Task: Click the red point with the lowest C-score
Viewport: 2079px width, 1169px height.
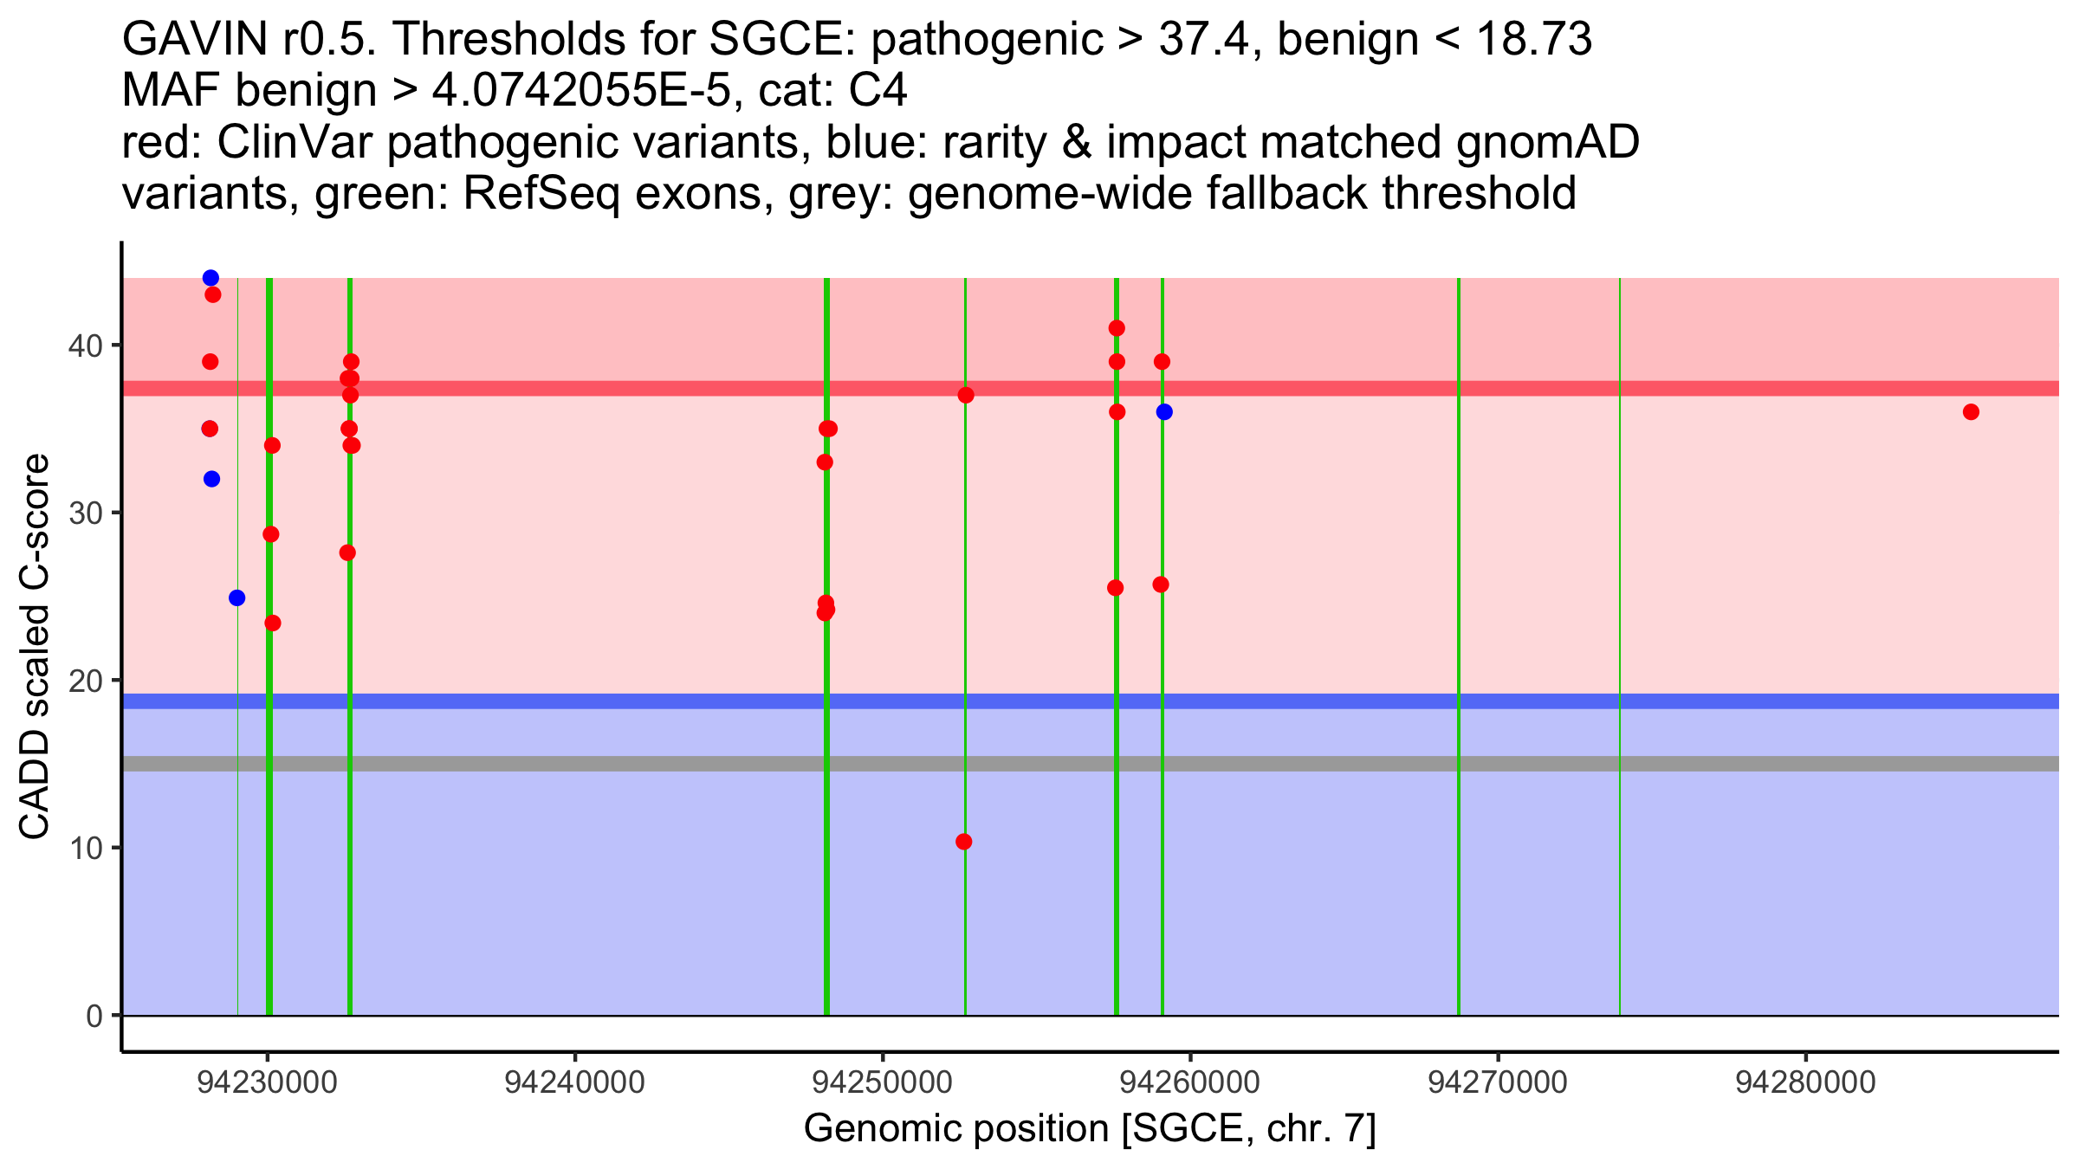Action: (963, 842)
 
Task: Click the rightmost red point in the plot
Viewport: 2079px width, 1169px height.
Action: (1971, 412)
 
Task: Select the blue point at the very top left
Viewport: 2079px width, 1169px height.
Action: (210, 278)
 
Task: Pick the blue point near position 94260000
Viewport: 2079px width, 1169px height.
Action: (1164, 412)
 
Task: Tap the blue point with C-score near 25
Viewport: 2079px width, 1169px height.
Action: (236, 598)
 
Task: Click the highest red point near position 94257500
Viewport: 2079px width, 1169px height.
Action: (1117, 328)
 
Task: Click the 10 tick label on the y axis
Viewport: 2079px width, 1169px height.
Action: (86, 848)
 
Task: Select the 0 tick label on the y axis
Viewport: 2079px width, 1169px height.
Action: (94, 1016)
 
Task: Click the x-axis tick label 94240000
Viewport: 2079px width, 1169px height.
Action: (574, 1082)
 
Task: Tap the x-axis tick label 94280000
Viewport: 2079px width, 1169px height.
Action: (1805, 1082)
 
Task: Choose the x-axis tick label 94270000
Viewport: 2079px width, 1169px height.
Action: (1498, 1082)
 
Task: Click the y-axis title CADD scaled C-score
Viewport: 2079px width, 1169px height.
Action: (35, 649)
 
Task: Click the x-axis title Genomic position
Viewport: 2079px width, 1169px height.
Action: (1090, 1129)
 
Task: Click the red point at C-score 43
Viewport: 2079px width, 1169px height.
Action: (213, 295)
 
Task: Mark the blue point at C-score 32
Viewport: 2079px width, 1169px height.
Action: (211, 479)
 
